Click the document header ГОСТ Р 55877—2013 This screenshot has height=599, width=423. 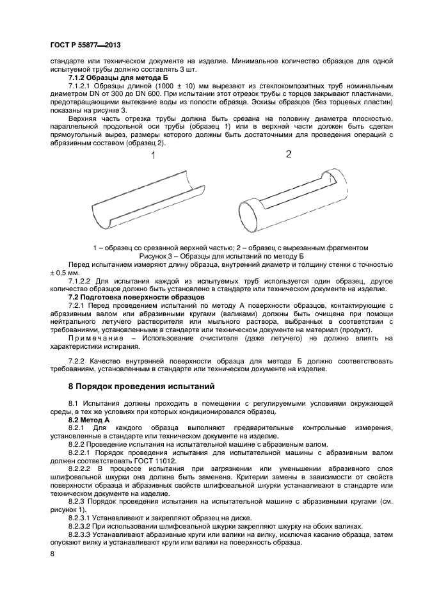pyautogui.click(x=85, y=45)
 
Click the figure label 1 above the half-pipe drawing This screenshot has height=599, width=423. pyautogui.click(x=154, y=156)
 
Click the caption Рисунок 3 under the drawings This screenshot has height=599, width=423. pyautogui.click(x=221, y=255)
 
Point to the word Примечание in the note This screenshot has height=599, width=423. pyautogui.click(x=96, y=338)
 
